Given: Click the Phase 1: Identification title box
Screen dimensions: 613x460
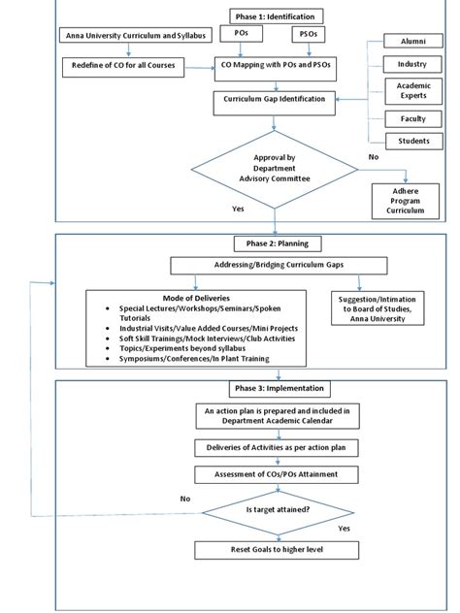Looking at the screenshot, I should (277, 16).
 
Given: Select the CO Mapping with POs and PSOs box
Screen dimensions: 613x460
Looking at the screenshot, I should (277, 66).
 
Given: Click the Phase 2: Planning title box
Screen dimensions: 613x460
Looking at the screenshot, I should (277, 243).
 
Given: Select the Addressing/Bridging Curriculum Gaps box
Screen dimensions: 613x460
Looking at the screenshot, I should (277, 265).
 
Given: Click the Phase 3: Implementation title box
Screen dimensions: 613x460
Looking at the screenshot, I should (277, 389).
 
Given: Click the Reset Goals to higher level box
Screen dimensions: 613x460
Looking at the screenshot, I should (277, 550).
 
